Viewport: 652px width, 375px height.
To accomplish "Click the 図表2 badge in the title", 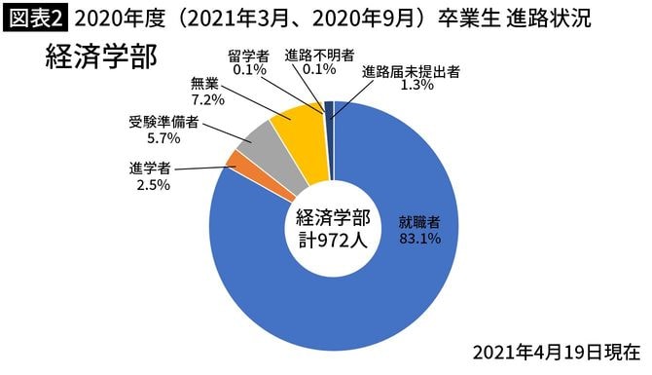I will click(34, 18).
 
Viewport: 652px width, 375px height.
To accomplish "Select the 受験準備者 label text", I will click(163, 123).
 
